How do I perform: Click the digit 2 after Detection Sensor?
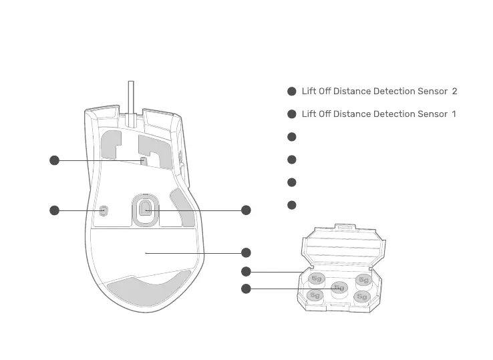tap(454, 92)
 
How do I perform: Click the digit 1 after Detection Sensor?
tap(454, 114)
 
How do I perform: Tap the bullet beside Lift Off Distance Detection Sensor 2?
tap(292, 92)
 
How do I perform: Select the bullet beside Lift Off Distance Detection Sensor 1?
tap(292, 114)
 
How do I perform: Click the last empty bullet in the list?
tap(292, 205)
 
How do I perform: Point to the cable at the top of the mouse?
tap(131, 97)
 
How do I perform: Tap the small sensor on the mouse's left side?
tap(103, 210)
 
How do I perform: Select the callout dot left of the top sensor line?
tap(55, 160)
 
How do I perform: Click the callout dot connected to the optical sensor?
tap(246, 210)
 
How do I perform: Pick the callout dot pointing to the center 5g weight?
tap(246, 289)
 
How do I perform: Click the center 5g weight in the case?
tap(339, 288)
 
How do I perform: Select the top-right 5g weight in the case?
tap(363, 279)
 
